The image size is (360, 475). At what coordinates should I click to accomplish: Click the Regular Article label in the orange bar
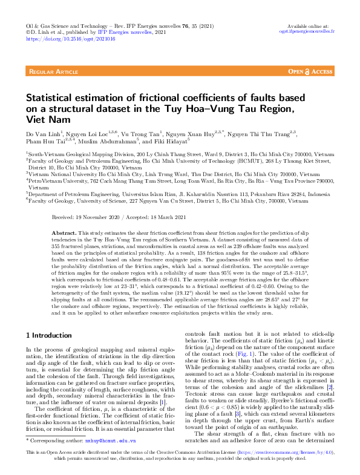tap(53, 71)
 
